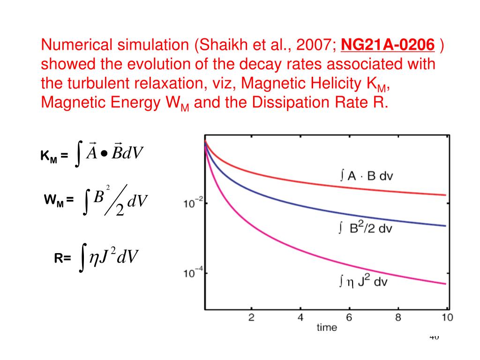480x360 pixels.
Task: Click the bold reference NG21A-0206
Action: pos(388,45)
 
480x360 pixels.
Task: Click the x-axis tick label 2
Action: pos(251,318)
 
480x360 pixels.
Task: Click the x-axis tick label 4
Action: pos(300,318)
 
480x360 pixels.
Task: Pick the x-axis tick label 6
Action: pos(349,318)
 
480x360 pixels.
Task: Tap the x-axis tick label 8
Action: pos(398,318)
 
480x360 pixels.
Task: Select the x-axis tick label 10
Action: pos(447,318)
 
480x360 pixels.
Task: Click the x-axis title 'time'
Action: pos(326,328)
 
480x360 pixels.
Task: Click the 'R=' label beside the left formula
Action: pos(62,258)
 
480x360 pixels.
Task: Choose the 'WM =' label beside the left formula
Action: pos(59,201)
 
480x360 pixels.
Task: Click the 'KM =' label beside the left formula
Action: pos(54,156)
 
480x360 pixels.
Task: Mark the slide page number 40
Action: pos(434,337)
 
